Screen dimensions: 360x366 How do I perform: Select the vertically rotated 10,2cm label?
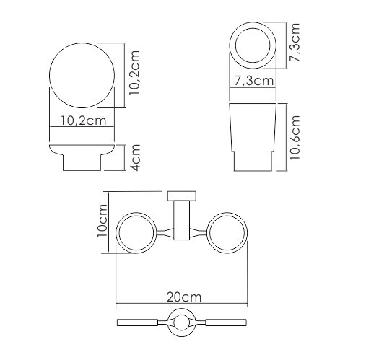(134, 74)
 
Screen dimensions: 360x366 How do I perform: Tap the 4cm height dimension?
(135, 157)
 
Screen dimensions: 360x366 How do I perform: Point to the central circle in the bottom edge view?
(181, 322)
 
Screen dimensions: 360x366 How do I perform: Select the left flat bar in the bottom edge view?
(140, 322)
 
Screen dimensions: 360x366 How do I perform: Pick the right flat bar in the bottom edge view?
(222, 322)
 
